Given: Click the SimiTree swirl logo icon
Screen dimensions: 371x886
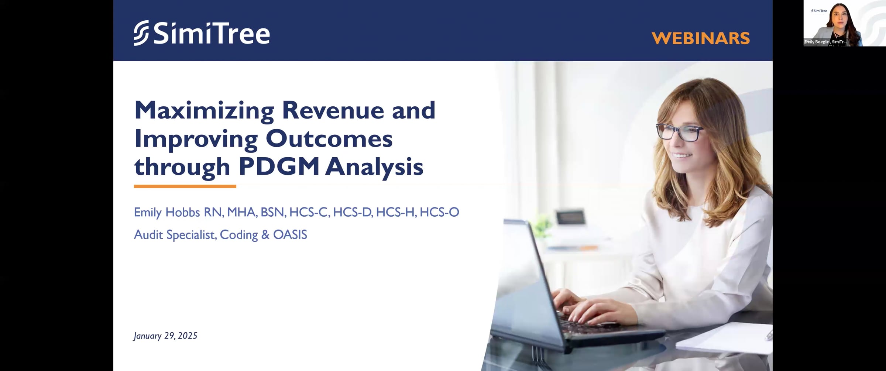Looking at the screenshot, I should (x=141, y=33).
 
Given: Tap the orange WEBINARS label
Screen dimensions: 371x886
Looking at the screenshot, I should (x=700, y=38).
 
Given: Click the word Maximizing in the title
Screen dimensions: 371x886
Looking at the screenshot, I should (x=204, y=110).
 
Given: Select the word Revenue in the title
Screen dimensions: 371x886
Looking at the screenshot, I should (x=333, y=110).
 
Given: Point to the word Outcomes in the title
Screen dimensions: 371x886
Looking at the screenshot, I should (x=329, y=139).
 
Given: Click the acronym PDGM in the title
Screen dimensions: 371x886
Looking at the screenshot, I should (x=279, y=167).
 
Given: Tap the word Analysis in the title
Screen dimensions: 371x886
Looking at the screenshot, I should (x=374, y=167).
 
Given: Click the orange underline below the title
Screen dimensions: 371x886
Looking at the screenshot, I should (x=185, y=186).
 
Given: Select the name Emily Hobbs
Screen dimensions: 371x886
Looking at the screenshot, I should (x=168, y=212).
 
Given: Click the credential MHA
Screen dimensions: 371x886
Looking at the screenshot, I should (x=241, y=212).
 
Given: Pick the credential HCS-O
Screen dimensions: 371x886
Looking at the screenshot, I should (x=439, y=212).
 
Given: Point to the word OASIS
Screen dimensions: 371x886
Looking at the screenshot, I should (x=290, y=235).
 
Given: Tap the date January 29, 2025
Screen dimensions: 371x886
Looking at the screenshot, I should (x=165, y=336).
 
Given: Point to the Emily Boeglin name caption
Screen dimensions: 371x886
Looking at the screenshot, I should (x=825, y=42).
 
